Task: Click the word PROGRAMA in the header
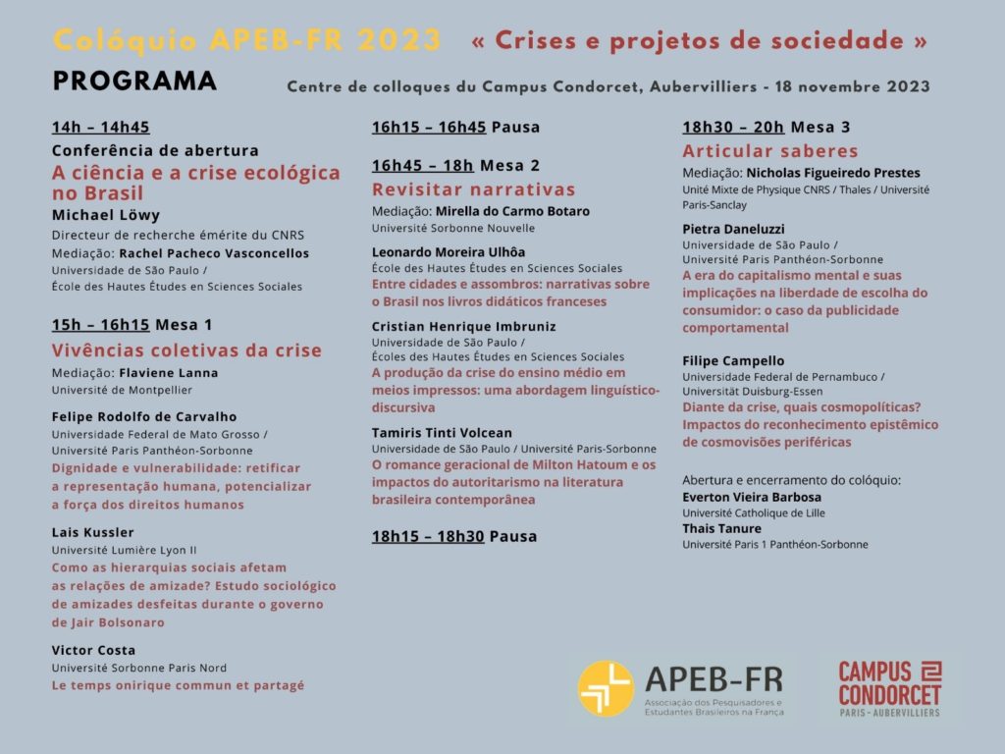click(134, 81)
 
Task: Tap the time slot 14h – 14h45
click(101, 127)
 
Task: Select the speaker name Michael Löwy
click(105, 215)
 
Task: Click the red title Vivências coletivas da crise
click(186, 350)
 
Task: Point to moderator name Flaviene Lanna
click(168, 373)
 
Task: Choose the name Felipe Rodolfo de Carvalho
click(143, 417)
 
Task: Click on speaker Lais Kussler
click(92, 532)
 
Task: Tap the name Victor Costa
click(93, 650)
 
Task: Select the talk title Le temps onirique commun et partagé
click(178, 685)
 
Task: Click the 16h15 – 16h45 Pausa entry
click(455, 127)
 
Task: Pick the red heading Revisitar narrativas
click(473, 189)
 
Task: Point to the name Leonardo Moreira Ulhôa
click(448, 251)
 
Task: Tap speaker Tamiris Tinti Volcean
click(442, 432)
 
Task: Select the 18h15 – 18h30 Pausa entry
click(455, 536)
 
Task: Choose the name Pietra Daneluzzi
click(733, 229)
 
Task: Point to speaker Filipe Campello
click(733, 360)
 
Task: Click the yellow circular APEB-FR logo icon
click(606, 687)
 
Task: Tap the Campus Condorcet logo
click(889, 687)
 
